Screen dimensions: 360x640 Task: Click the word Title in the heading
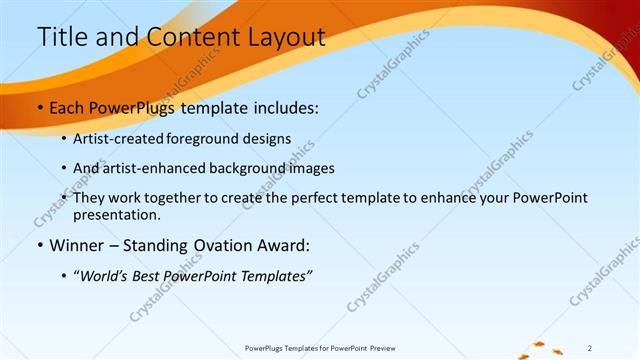[x=61, y=37]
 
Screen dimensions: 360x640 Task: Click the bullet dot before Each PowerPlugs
[x=39, y=108]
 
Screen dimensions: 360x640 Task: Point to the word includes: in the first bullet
[x=286, y=108]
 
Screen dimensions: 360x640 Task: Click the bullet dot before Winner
[x=39, y=245]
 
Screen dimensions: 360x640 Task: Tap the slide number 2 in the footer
[x=590, y=348]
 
